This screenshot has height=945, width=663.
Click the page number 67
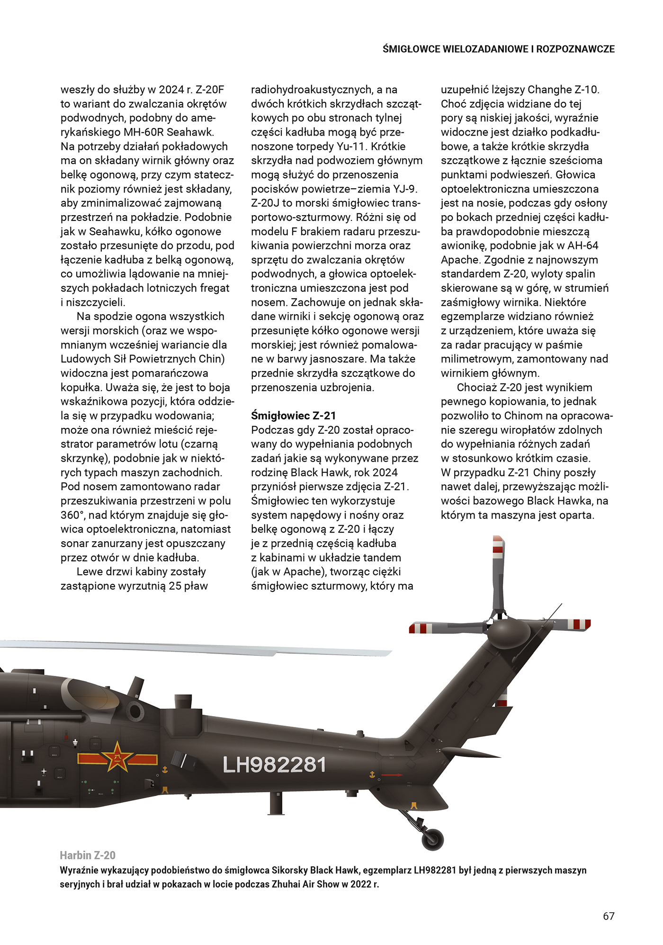coord(609,916)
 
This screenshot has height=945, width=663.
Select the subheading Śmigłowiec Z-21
coord(293,416)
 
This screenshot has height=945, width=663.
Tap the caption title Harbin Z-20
coord(88,855)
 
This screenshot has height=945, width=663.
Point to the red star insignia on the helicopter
coord(117,757)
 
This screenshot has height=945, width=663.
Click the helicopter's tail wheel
coord(432,839)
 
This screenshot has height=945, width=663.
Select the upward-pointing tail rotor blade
coord(498,573)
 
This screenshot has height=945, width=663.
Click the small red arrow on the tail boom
coord(391,775)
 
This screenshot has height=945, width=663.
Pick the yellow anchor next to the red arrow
coord(372,775)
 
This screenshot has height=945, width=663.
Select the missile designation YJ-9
coord(405,189)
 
